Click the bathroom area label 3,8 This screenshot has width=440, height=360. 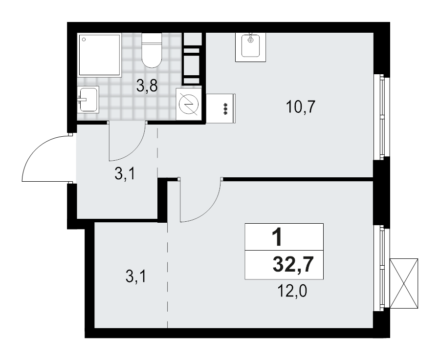pos(147,87)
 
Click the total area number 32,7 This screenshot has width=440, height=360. pos(293,267)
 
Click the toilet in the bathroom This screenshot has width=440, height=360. pos(151,50)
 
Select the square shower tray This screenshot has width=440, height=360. pos(100,55)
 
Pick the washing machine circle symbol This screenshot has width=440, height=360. pos(189,104)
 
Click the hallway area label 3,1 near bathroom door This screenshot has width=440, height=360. pos(125,174)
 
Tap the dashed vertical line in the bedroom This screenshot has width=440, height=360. pos(168,274)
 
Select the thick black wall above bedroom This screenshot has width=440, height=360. pos(298,179)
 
